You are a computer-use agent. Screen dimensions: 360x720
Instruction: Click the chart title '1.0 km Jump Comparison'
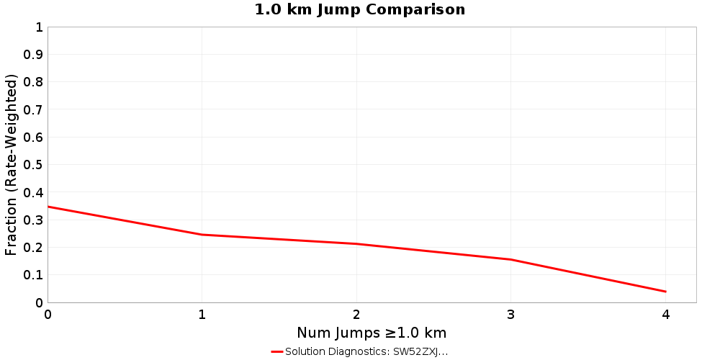360,9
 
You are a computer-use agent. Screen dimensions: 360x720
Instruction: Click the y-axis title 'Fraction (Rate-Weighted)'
11,164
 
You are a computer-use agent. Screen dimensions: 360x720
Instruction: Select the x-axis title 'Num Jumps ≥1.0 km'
372,333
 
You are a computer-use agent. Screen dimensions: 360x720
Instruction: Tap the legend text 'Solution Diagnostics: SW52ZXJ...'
366,351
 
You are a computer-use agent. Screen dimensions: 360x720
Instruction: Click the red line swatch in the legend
277,351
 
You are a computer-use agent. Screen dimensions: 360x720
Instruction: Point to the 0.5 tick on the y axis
33,164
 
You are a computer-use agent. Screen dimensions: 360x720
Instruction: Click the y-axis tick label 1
38,27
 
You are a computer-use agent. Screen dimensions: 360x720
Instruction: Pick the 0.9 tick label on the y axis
33,55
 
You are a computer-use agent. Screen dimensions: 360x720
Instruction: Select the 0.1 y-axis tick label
33,274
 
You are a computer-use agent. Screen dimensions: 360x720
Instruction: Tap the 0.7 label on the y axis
33,109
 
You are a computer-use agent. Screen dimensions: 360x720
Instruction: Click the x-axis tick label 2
356,315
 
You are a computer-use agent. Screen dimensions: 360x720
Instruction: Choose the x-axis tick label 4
665,315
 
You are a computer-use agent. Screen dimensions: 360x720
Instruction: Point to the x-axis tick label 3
511,315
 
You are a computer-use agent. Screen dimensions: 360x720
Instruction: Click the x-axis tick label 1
202,315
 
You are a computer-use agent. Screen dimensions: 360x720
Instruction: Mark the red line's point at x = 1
202,235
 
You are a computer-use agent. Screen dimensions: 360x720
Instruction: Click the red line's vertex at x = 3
511,259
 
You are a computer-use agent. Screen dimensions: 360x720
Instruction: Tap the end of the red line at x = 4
665,292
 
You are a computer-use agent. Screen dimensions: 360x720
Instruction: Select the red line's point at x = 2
356,244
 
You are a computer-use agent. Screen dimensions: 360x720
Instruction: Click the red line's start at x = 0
48,207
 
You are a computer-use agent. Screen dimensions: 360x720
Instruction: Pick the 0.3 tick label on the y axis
33,220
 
